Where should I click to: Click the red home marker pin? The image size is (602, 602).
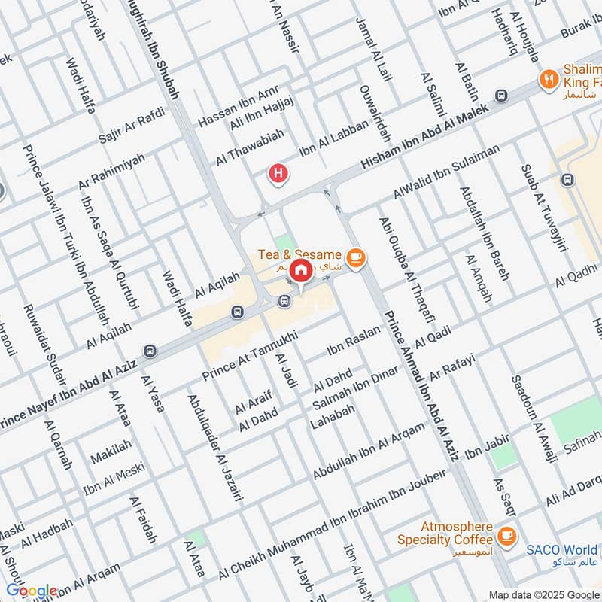[300, 269]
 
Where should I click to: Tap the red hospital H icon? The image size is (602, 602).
[278, 174]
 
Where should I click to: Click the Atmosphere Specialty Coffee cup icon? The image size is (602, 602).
[506, 535]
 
